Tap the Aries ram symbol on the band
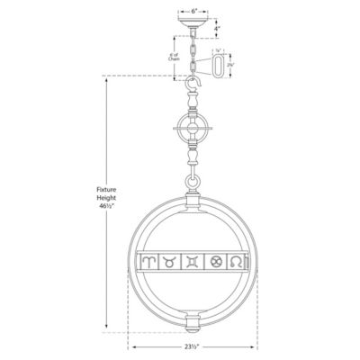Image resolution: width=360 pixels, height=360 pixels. coord(148,263)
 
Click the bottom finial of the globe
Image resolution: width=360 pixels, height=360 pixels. coord(193,325)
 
